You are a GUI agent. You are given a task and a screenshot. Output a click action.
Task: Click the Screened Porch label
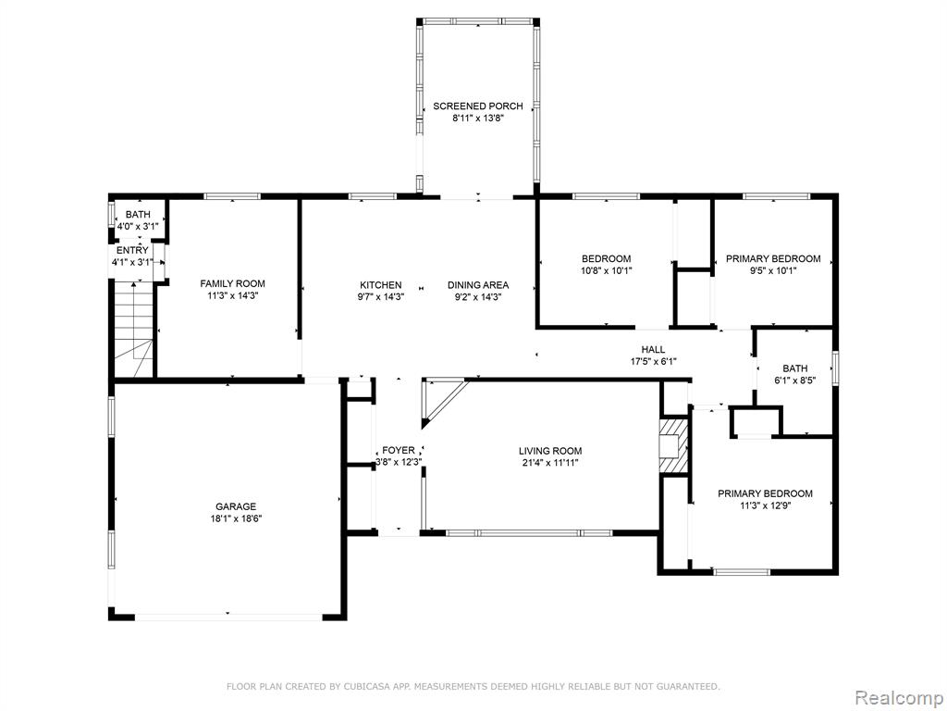478,106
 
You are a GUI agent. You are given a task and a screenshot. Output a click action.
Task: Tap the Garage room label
236,506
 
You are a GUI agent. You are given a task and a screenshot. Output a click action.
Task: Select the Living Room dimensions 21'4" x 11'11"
550,463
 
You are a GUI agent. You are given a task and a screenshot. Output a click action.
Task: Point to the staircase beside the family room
134,330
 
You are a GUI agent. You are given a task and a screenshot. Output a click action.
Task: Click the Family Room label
232,283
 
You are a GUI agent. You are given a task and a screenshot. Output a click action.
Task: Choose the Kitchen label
380,285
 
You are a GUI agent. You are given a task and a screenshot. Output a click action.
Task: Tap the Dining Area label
478,285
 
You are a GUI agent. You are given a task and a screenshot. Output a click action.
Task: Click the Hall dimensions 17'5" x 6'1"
653,362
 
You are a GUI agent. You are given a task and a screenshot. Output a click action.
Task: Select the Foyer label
399,451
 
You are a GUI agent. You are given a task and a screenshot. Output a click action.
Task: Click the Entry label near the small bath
132,250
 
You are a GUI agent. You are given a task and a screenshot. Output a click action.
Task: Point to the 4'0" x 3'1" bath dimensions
138,227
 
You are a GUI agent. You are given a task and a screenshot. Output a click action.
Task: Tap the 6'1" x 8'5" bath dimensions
794,380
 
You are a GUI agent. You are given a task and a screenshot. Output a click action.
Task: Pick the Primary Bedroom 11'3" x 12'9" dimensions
765,506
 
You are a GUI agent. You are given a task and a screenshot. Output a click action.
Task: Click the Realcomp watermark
898,697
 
